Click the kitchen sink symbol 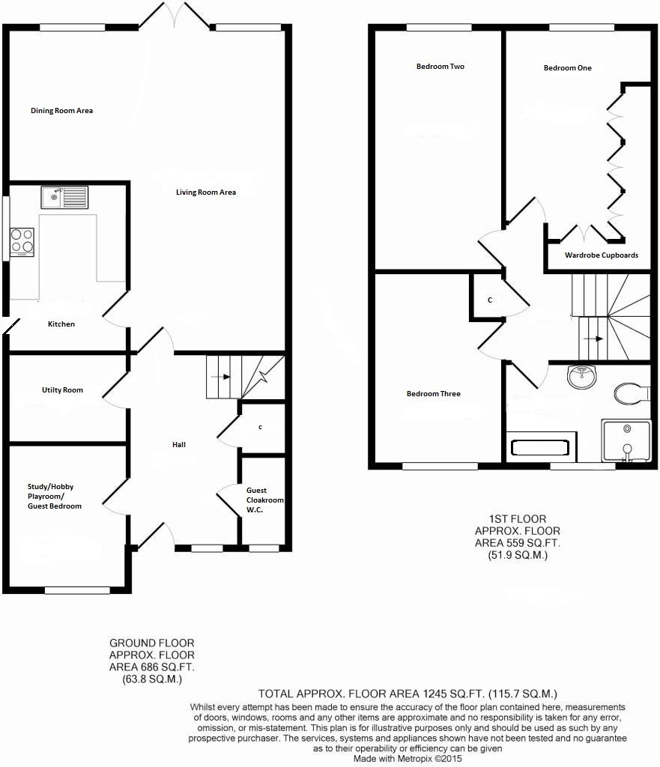64,198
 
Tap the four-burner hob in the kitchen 22,241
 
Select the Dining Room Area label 61,111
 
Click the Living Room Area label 206,192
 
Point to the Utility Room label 62,390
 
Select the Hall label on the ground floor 179,445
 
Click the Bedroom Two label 440,67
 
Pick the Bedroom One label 567,68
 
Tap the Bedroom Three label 433,394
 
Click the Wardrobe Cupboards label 602,255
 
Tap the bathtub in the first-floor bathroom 539,448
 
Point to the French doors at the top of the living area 176,15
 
